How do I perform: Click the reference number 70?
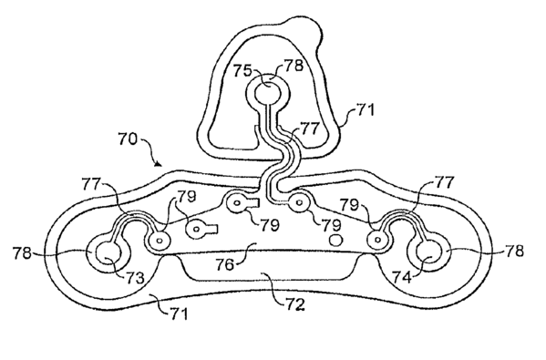coord(128,139)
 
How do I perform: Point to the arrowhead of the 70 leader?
coord(158,163)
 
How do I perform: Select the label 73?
coord(135,277)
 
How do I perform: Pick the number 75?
coord(242,71)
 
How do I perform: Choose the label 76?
coord(225,264)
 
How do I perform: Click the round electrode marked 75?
coord(268,93)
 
